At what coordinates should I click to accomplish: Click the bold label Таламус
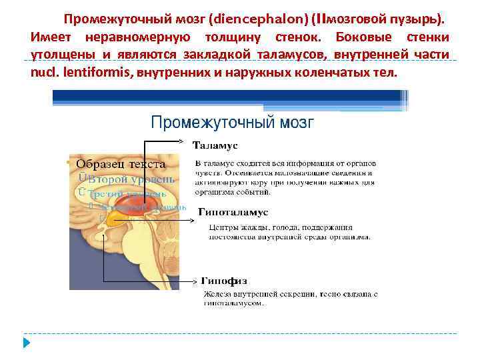pyautogui.click(x=215, y=145)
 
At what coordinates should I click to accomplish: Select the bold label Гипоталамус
pyautogui.click(x=233, y=212)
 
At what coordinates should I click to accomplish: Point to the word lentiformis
pyautogui.click(x=99, y=72)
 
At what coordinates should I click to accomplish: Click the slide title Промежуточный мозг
pyautogui.click(x=231, y=122)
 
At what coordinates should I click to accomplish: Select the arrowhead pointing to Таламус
pyautogui.click(x=189, y=141)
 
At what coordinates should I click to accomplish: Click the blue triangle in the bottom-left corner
pyautogui.click(x=27, y=344)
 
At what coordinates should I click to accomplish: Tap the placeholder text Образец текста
pyautogui.click(x=121, y=164)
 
